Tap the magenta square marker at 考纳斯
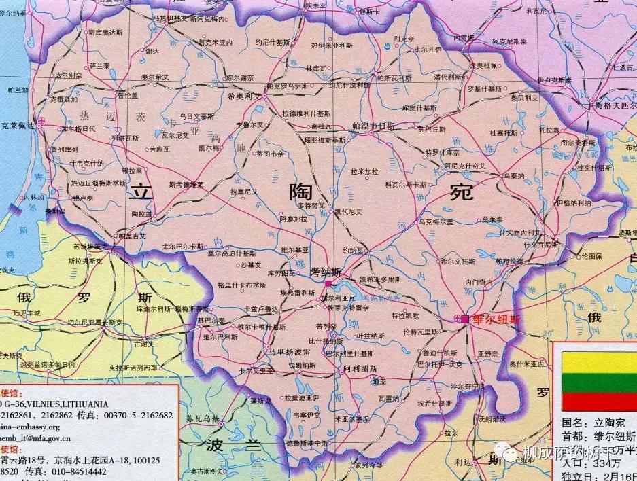328,283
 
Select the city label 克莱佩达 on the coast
18,126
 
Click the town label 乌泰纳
514,175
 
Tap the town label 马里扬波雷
288,352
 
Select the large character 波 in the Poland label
216,446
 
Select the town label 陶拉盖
141,213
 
